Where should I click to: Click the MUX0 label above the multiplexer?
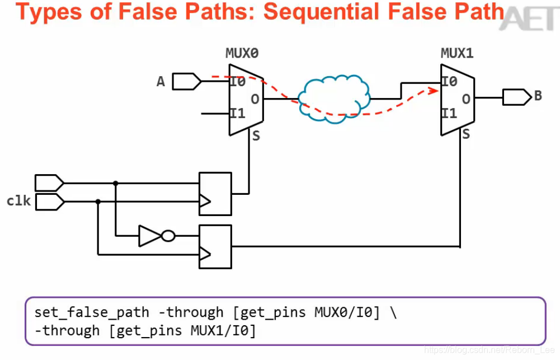(242, 54)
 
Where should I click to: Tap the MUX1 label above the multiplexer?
(457, 54)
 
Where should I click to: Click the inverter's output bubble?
(168, 236)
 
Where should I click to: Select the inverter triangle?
(150, 236)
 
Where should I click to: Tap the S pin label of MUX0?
(256, 136)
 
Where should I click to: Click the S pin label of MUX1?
(466, 134)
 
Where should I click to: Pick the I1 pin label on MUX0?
(238, 114)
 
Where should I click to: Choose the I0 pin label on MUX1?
(449, 82)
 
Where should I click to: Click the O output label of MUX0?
(255, 100)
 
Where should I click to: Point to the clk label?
(18, 200)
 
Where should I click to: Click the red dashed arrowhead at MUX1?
(434, 89)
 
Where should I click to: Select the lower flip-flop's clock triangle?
(205, 254)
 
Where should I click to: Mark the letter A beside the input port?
(161, 82)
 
